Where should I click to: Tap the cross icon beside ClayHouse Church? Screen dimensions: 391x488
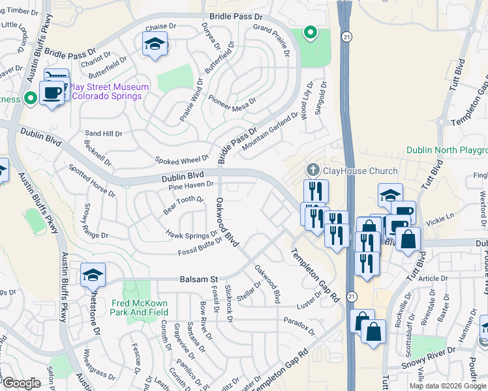[313, 171]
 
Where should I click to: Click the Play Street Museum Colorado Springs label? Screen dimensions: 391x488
[109, 91]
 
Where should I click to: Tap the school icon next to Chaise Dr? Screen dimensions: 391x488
[154, 44]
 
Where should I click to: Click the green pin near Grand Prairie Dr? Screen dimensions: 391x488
[311, 32]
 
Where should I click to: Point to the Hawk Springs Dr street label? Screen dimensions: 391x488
[192, 235]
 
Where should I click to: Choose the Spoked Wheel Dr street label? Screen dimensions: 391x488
[181, 160]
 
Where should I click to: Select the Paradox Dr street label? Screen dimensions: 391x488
[299, 324]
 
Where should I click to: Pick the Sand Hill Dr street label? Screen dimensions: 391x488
[103, 134]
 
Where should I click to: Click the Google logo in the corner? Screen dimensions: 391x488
[22, 383]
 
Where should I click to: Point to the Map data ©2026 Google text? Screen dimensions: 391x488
[448, 386]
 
